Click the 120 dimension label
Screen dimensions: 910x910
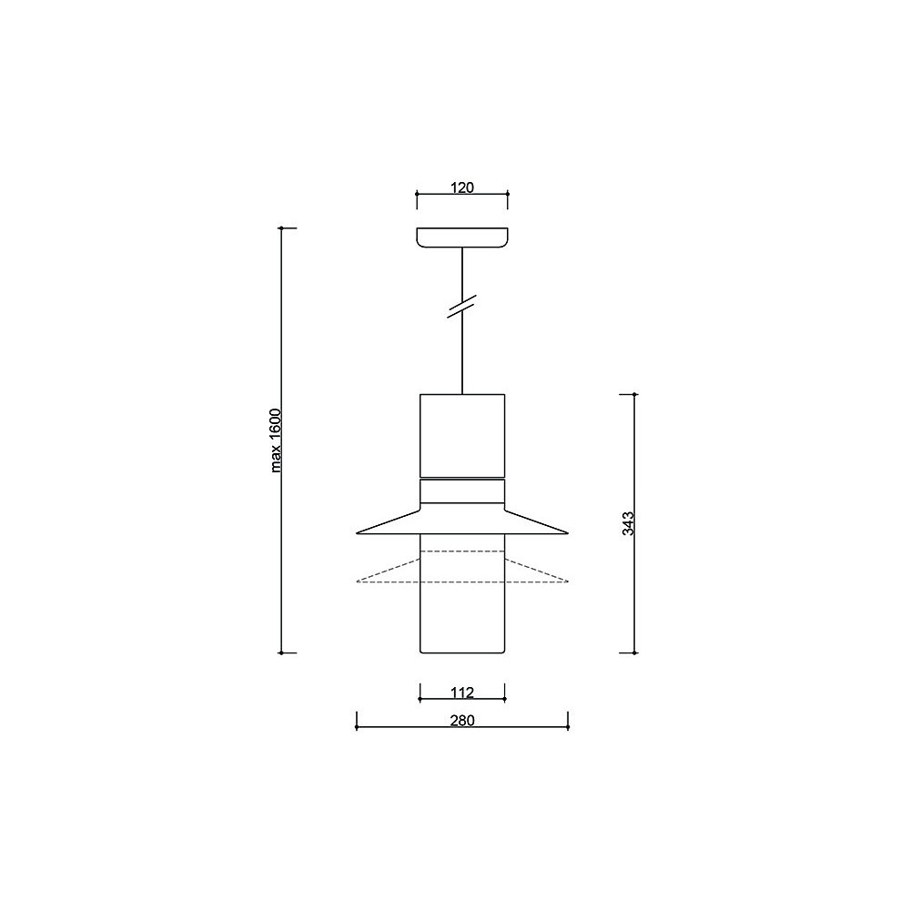462,187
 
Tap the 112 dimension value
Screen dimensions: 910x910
462,693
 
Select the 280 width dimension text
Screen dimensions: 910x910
462,720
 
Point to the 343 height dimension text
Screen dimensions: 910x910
628,523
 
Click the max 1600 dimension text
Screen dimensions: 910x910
276,440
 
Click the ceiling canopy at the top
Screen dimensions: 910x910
462,238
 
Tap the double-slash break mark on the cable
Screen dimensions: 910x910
461,307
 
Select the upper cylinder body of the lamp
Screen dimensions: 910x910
462,435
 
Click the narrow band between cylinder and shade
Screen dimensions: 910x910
462,491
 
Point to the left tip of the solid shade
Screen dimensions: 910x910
357,532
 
